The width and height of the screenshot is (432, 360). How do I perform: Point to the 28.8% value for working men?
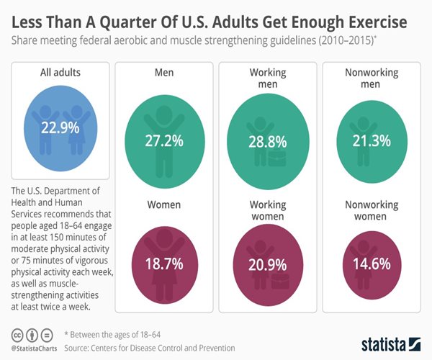point(269,140)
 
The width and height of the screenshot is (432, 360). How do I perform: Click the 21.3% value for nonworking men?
point(371,139)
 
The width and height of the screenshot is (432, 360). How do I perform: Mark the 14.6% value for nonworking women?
point(371,264)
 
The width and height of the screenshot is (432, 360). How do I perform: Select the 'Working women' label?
point(269,210)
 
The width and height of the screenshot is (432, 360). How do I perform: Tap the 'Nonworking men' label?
point(371,78)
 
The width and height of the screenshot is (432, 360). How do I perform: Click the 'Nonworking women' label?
point(371,210)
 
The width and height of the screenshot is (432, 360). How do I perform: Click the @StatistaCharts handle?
point(35,346)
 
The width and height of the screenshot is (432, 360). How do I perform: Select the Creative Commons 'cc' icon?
point(15,335)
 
